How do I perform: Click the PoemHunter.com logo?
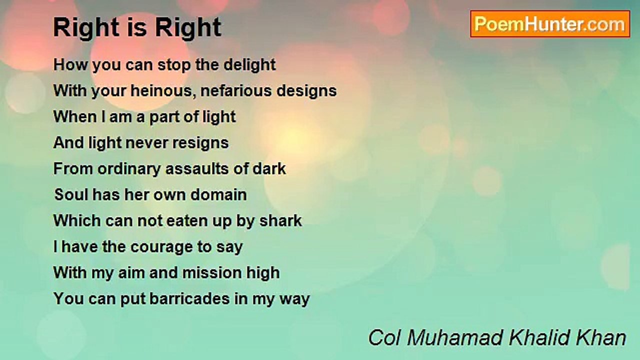[x=550, y=24]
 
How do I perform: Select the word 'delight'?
[x=249, y=65]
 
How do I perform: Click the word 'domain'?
[x=218, y=195]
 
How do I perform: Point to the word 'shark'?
[x=280, y=221]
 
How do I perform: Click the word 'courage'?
[x=161, y=247]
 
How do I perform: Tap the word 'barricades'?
[x=189, y=299]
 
